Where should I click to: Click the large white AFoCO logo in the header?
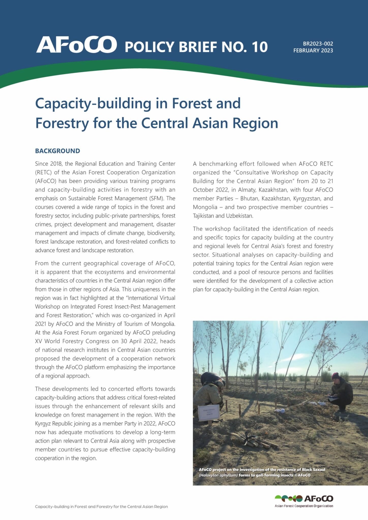click(76, 45)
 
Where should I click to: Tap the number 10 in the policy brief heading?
click(259, 47)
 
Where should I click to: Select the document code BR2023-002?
click(318, 44)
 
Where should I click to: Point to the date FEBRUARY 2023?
click(313, 51)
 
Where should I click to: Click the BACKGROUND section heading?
click(57, 151)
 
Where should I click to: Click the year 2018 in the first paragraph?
click(56, 164)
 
